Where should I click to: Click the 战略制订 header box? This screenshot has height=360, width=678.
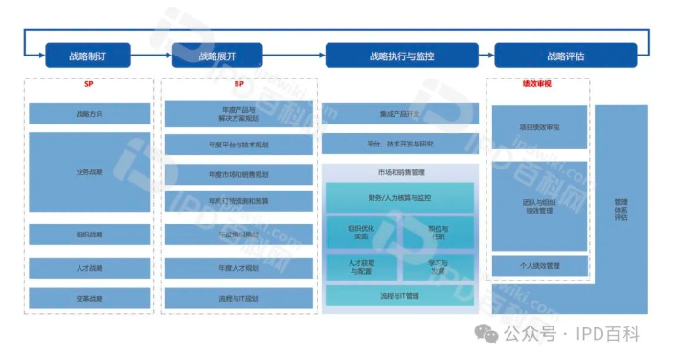pyautogui.click(x=88, y=56)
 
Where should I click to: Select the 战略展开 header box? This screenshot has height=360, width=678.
pyautogui.click(x=216, y=56)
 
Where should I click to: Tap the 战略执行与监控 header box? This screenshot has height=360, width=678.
pyautogui.click(x=401, y=56)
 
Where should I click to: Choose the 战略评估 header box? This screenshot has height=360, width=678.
pyautogui.click(x=565, y=56)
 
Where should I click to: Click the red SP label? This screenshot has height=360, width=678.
pyautogui.click(x=89, y=84)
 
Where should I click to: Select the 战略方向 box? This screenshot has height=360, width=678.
pyautogui.click(x=89, y=114)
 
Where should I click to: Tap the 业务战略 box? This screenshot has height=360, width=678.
pyautogui.click(x=89, y=172)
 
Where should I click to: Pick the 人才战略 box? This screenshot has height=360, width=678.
pyautogui.click(x=89, y=267)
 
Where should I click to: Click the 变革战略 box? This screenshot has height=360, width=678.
pyautogui.click(x=89, y=298)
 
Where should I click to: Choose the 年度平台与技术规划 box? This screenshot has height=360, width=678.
pyautogui.click(x=238, y=145)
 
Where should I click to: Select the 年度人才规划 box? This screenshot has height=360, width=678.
pyautogui.click(x=238, y=267)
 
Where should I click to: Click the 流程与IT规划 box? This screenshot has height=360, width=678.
pyautogui.click(x=238, y=298)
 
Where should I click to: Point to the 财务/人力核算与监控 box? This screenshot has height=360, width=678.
pyautogui.click(x=399, y=198)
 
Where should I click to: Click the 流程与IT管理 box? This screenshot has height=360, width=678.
pyautogui.click(x=399, y=296)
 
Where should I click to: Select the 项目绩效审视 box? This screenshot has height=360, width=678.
pyautogui.click(x=539, y=126)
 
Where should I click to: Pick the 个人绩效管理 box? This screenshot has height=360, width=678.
pyautogui.click(x=539, y=265)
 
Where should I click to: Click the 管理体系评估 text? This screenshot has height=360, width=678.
pyautogui.click(x=621, y=210)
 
